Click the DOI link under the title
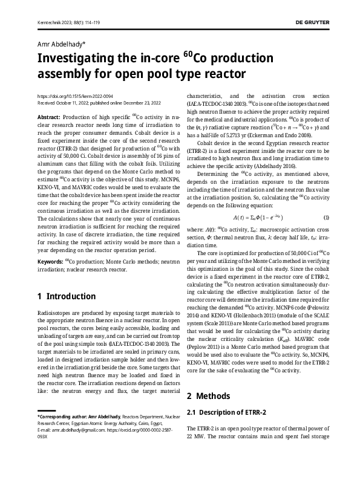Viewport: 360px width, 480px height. click(x=74, y=96)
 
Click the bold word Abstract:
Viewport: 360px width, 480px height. click(x=49, y=115)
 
